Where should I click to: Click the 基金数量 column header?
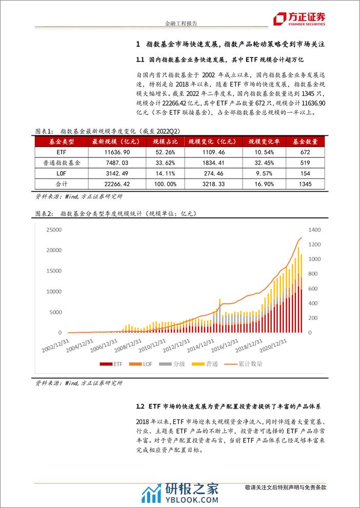coord(305,141)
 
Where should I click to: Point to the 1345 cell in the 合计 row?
coord(305,183)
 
